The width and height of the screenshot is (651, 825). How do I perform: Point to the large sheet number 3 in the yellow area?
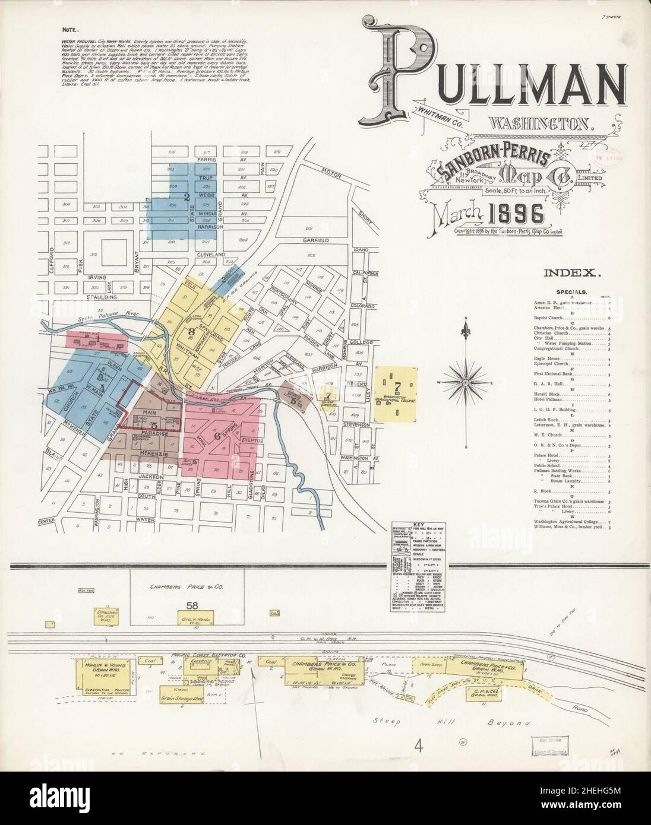point(191,330)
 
